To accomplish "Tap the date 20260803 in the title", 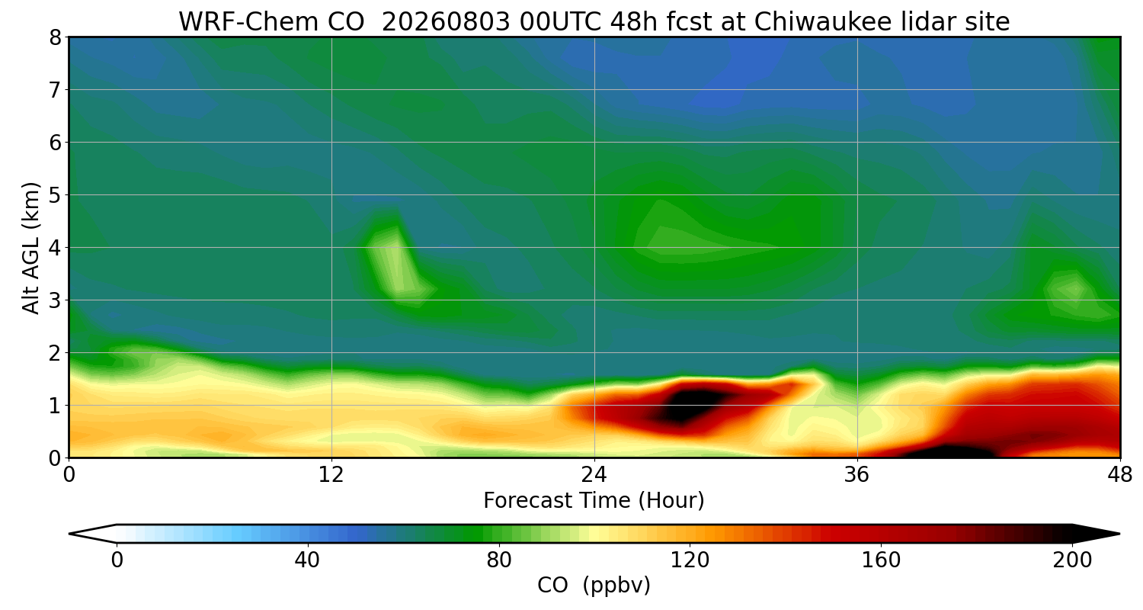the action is (446, 22).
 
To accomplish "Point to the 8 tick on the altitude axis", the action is (55, 38).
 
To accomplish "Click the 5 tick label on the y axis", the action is (55, 195).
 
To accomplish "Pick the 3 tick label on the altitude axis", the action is (55, 300).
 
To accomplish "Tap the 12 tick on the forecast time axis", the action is (331, 475).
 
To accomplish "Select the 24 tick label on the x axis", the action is (594, 475).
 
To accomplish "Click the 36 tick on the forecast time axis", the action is (856, 475).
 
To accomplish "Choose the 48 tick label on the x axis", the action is (1120, 475).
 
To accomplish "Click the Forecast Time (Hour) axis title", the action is (594, 501).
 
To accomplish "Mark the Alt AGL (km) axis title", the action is (31, 248).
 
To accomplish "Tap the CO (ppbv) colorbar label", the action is (594, 586).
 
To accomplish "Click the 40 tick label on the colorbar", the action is (307, 560).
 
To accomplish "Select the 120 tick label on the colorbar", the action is (690, 560).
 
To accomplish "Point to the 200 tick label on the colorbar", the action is (1073, 560).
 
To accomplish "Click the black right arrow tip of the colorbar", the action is (1119, 534).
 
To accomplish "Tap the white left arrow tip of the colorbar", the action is (71, 534).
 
